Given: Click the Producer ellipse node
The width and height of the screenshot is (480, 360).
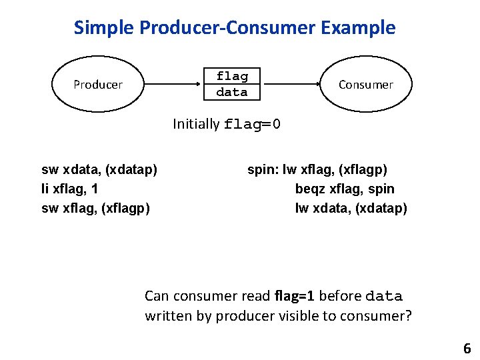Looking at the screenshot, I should [x=98, y=85].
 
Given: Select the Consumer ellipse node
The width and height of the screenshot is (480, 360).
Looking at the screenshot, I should [x=365, y=85].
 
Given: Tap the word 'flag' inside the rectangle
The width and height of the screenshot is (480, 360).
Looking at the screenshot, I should [x=232, y=76].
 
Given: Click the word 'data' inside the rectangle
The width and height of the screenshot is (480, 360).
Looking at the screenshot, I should [x=232, y=92].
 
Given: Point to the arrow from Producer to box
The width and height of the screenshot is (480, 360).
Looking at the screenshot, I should [x=173, y=85].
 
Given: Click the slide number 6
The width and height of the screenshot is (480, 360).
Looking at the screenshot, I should [x=467, y=348].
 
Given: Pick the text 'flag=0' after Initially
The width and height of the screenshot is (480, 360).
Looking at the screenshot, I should [x=253, y=125].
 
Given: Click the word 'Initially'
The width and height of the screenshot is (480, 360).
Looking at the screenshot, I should [x=196, y=124].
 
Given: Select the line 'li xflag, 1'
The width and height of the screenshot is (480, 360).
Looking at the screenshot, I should [x=70, y=189].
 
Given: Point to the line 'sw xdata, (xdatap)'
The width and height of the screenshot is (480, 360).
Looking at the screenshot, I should [x=99, y=170].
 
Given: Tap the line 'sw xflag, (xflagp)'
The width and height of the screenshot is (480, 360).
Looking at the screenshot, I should [x=95, y=209].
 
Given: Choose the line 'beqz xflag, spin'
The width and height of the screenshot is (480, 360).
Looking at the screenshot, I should [x=345, y=189].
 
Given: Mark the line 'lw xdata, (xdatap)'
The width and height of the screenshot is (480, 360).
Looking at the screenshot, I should [x=351, y=209].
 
